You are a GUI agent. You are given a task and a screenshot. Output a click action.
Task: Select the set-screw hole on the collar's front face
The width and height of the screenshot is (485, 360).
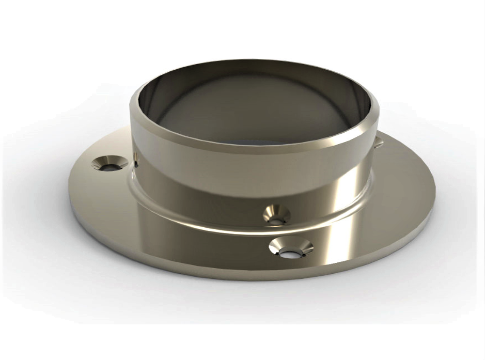pyautogui.click(x=276, y=214)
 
